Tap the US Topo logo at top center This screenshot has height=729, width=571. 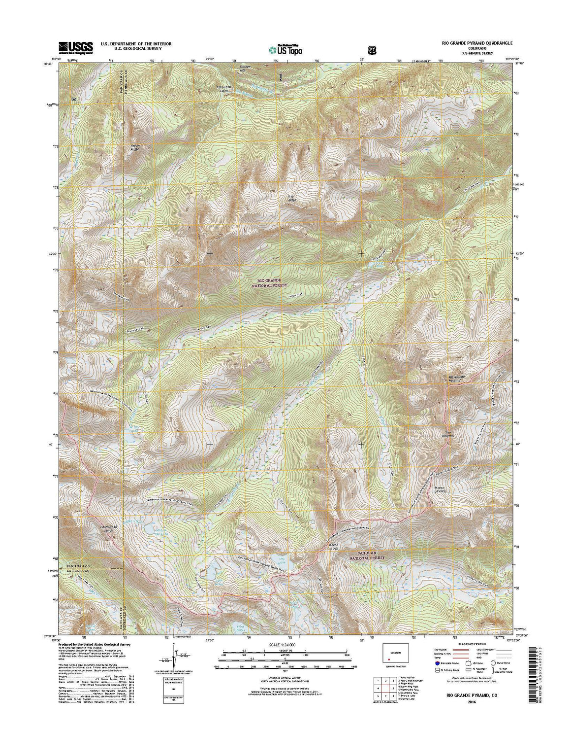pyautogui.click(x=285, y=49)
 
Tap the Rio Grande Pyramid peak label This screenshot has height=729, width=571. pyautogui.click(x=455, y=379)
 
